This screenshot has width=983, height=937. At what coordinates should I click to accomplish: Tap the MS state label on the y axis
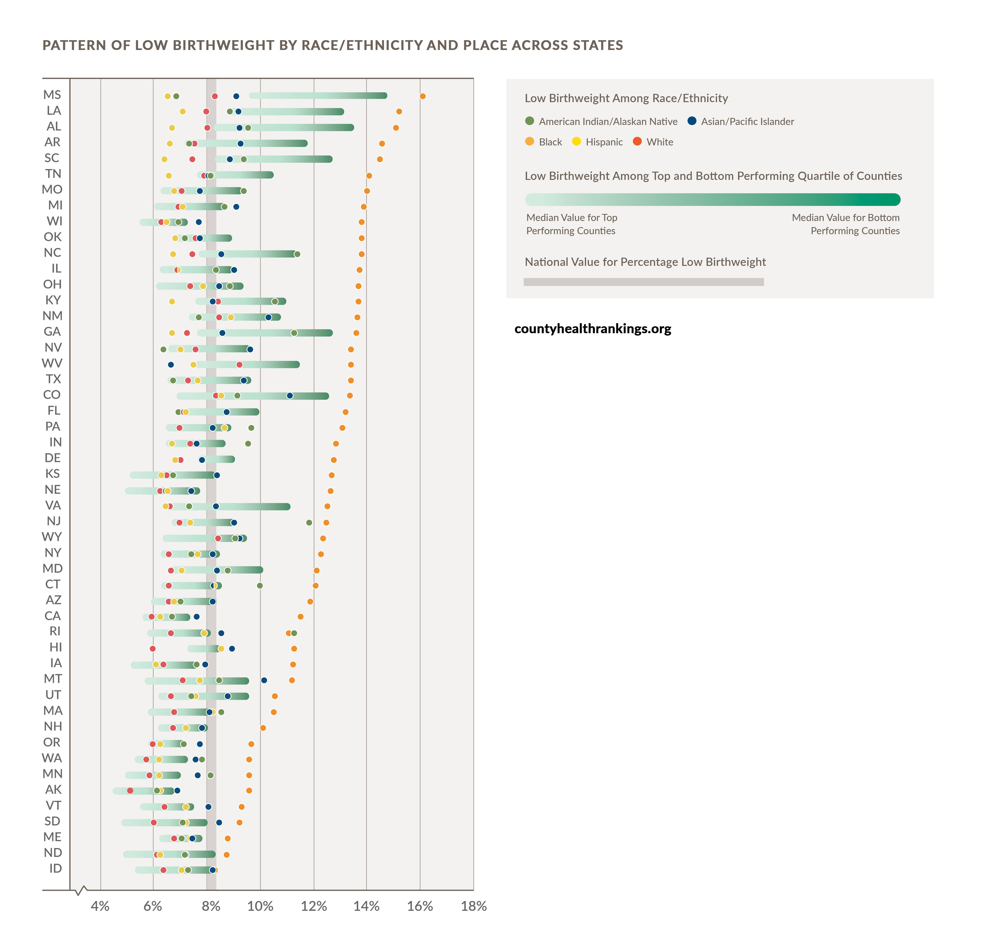(52, 95)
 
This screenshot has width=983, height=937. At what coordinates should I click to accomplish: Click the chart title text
(333, 45)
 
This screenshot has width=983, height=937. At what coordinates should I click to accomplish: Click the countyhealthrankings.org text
(593, 329)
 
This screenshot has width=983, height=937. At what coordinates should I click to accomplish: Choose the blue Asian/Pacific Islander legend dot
(692, 121)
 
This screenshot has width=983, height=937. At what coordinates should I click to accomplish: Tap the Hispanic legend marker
(576, 141)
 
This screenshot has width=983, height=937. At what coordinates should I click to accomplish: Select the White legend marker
(637, 141)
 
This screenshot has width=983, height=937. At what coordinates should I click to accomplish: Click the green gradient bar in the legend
(712, 200)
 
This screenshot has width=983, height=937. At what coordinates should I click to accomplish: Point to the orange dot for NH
(263, 728)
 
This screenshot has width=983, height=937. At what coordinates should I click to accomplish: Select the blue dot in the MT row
(264, 680)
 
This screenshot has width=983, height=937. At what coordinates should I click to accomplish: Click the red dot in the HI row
(153, 649)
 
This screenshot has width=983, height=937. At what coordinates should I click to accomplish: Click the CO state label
(52, 395)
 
